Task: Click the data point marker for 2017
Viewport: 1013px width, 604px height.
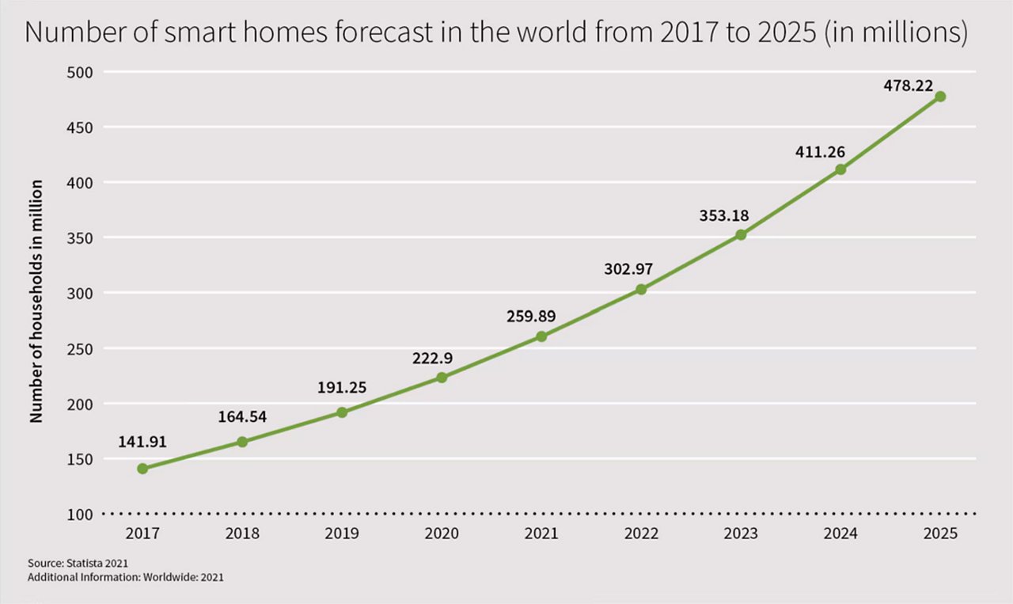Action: point(142,469)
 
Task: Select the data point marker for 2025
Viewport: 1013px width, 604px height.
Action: point(940,97)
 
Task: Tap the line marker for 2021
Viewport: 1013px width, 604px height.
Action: point(541,336)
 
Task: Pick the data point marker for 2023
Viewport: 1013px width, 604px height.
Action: point(741,234)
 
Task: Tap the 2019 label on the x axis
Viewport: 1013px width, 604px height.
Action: point(342,534)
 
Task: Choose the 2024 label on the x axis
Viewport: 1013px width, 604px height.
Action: point(840,534)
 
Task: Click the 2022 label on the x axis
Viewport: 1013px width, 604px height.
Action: point(641,534)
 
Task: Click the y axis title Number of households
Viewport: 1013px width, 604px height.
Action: point(36,301)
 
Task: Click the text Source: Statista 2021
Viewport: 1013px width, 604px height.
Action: point(78,563)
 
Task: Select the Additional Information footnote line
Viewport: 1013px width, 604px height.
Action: point(125,577)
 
